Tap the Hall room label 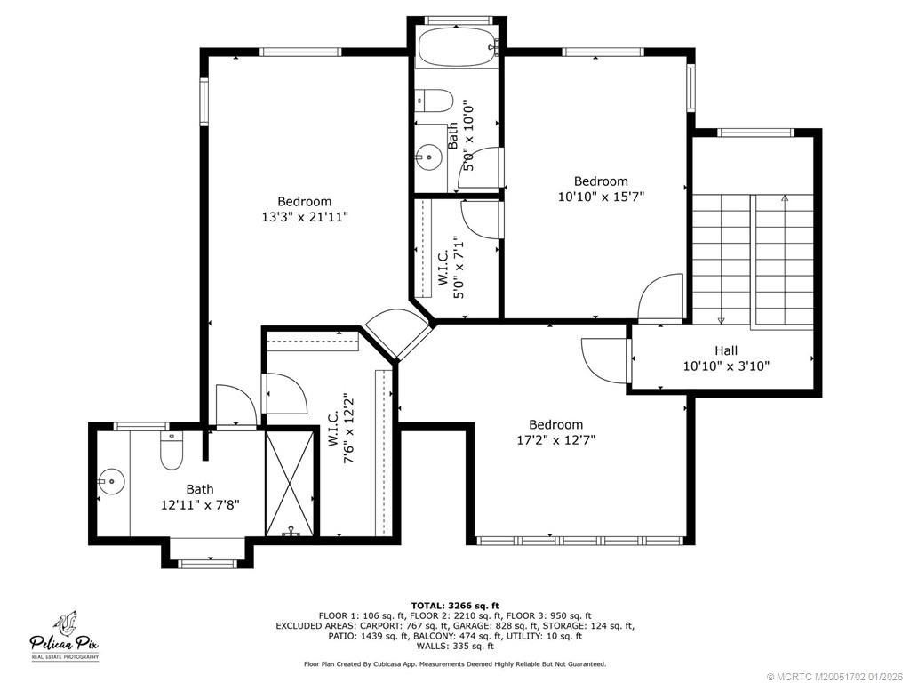(726, 350)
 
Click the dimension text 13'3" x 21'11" (305, 217)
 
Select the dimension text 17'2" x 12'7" (556, 440)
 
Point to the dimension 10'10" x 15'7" (602, 197)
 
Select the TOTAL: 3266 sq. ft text (455, 605)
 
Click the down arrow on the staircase (722, 319)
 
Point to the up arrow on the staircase (785, 198)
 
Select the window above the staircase (755, 133)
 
